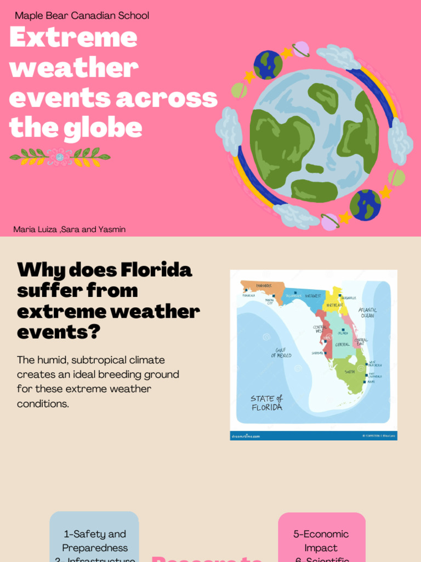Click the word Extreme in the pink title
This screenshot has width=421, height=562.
(x=73, y=37)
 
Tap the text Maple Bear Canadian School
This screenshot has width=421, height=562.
(x=82, y=15)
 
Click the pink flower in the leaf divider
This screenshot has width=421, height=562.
(x=59, y=157)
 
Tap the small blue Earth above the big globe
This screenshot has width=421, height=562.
(x=268, y=65)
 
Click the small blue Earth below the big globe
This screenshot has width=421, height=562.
(x=365, y=205)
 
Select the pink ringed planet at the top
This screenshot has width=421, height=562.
(x=300, y=49)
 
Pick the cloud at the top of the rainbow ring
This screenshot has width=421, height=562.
(x=338, y=57)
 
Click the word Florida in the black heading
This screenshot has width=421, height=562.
(x=156, y=270)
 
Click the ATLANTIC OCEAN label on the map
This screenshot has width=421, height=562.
(x=367, y=312)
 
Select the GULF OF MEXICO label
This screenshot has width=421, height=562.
(x=281, y=352)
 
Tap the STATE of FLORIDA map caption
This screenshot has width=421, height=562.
(x=267, y=403)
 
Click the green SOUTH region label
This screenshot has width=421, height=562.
(x=350, y=372)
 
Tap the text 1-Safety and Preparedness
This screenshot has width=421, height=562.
(x=95, y=541)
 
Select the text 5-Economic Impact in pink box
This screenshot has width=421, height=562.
(x=321, y=541)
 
